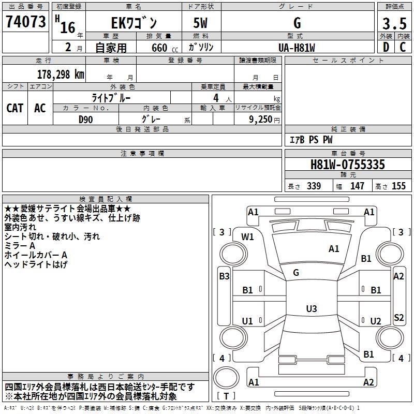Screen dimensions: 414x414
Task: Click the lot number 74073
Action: [x=26, y=22]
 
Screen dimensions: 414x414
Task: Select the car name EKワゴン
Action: [x=134, y=23]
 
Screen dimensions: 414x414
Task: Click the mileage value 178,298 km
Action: [x=61, y=74]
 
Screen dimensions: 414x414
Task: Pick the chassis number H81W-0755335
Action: [x=348, y=165]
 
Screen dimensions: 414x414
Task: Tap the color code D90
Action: [x=85, y=119]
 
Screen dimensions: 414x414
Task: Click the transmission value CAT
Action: [x=15, y=108]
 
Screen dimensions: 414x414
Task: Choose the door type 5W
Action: [x=202, y=23]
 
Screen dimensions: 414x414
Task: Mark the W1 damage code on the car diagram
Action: [x=248, y=237]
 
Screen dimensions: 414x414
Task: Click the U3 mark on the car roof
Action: [x=311, y=309]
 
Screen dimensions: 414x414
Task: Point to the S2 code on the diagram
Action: [x=398, y=318]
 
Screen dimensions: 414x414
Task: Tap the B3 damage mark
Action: [x=224, y=276]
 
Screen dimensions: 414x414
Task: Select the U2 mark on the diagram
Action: [x=376, y=321]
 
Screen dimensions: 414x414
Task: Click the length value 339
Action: [x=314, y=186]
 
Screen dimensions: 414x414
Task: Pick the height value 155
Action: [x=398, y=186]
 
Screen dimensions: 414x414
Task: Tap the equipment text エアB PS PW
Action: [x=310, y=140]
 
